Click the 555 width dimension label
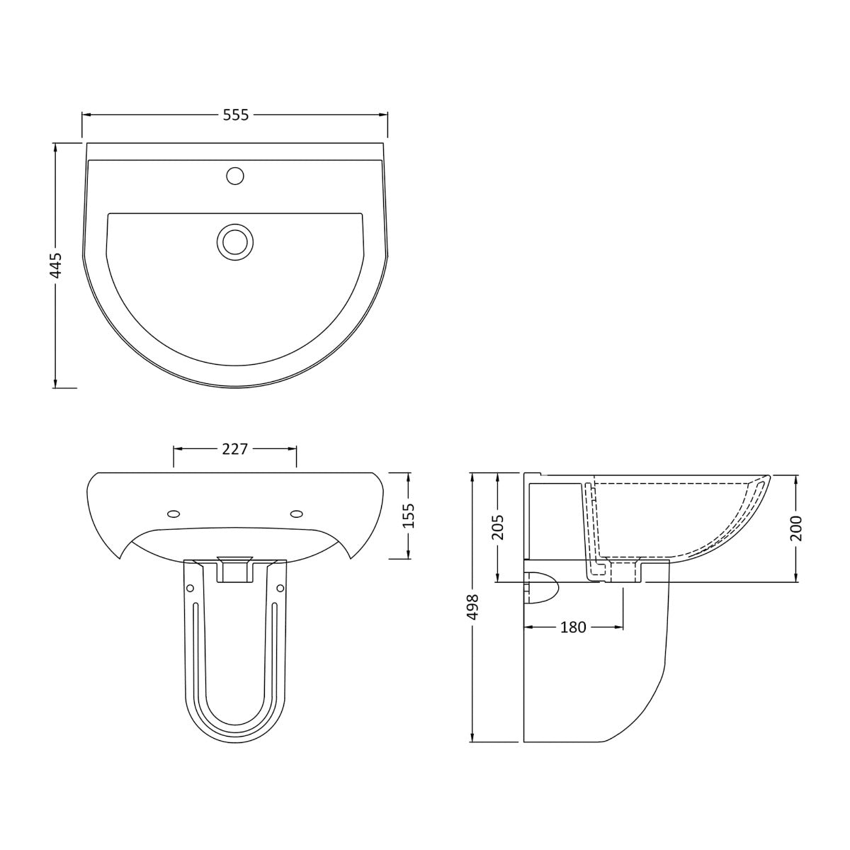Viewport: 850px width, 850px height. (x=236, y=115)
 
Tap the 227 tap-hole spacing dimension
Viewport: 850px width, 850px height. (x=234, y=449)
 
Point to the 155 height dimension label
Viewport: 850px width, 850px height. (x=409, y=515)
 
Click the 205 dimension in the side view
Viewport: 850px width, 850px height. (x=497, y=526)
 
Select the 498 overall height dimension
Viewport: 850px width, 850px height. (x=473, y=608)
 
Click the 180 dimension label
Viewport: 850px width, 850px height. (x=573, y=627)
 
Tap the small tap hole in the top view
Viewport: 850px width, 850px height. (x=235, y=175)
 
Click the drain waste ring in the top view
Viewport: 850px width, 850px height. (x=234, y=241)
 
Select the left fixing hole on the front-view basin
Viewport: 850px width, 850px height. (x=172, y=514)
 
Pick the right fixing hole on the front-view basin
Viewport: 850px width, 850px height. (x=297, y=514)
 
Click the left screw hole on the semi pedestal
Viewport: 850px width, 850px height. (x=190, y=588)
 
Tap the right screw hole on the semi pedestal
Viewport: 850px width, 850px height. (x=280, y=588)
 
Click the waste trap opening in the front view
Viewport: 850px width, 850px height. (x=234, y=569)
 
